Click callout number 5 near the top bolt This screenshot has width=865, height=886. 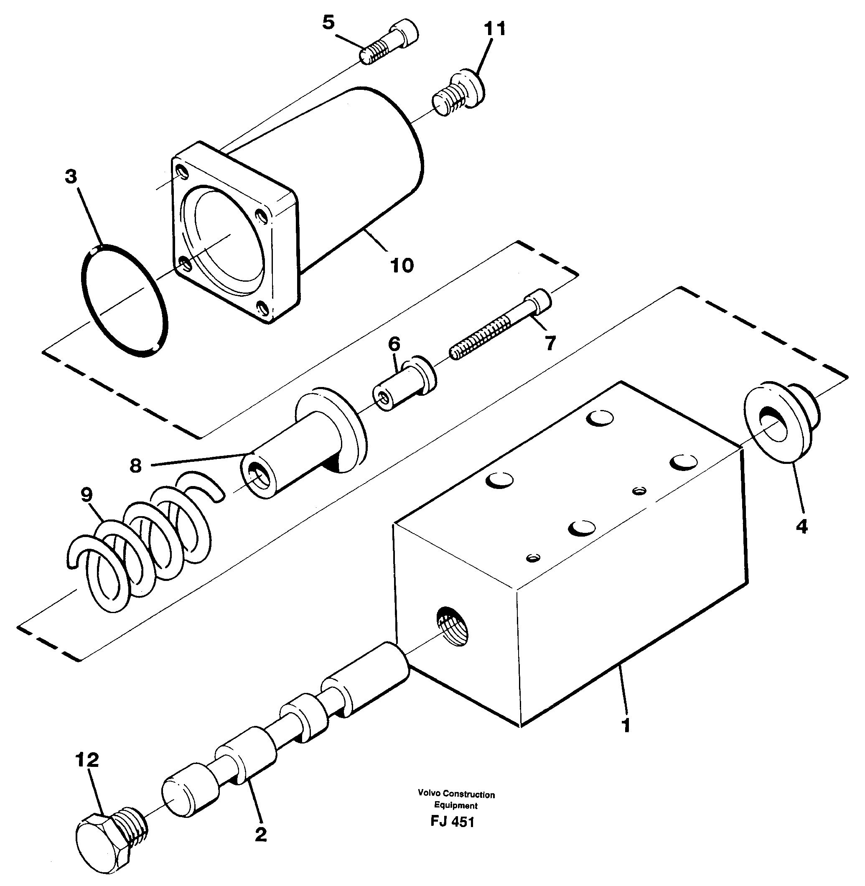(328, 22)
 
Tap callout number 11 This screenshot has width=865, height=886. (494, 29)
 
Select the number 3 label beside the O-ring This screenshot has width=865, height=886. (71, 177)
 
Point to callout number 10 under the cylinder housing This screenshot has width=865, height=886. (402, 265)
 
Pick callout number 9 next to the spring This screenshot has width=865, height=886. (86, 495)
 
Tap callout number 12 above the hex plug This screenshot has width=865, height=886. (87, 760)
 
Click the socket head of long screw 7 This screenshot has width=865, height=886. (539, 300)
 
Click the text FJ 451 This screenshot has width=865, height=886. (452, 822)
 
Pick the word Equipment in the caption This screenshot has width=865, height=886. (455, 806)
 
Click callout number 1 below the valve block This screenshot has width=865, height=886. (626, 726)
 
